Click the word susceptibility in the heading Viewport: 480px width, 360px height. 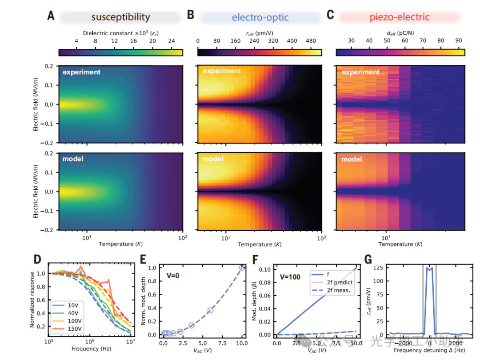(x=120, y=17)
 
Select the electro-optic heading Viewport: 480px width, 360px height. (x=260, y=17)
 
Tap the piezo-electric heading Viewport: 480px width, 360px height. (x=400, y=17)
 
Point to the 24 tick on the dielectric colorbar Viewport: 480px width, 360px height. (x=172, y=41)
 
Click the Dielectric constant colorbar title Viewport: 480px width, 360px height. (x=120, y=33)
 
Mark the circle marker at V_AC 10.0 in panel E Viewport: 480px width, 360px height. (x=242, y=268)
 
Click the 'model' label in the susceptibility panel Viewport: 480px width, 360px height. (x=73, y=159)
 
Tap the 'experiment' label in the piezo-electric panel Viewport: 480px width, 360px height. (x=360, y=72)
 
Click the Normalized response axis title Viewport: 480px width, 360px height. (x=32, y=300)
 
